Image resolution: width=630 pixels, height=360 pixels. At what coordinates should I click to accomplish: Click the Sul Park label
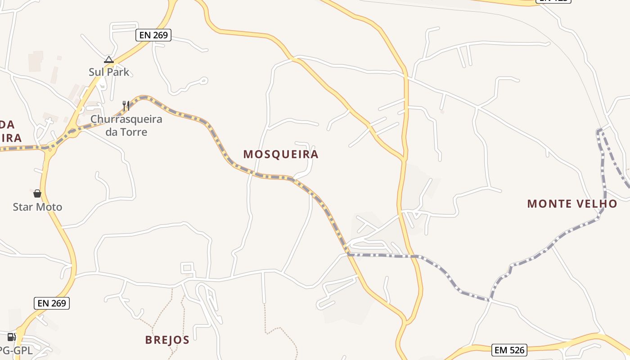109,72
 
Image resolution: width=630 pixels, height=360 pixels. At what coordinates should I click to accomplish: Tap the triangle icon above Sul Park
109,59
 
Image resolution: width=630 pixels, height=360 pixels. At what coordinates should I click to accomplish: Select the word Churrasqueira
126,120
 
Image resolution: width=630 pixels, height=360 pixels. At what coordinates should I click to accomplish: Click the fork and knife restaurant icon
126,106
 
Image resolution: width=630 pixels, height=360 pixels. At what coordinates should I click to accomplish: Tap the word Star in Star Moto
22,207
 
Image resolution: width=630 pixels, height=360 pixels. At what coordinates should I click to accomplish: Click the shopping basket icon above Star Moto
37,194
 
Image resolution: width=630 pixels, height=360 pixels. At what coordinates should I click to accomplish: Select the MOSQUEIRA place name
281,154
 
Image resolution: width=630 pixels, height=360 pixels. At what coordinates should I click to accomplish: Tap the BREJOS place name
167,340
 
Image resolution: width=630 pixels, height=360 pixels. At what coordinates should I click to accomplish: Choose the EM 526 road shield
509,350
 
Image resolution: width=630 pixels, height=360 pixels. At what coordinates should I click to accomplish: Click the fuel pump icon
11,337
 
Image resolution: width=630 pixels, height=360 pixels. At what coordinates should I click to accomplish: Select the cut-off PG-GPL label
16,350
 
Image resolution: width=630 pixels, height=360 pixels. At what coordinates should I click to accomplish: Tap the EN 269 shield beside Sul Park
153,35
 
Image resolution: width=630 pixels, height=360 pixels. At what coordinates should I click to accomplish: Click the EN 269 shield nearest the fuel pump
52,303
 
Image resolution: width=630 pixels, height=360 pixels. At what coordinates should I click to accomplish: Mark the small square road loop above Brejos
188,269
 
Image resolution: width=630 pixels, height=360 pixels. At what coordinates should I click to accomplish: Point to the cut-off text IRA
11,138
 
